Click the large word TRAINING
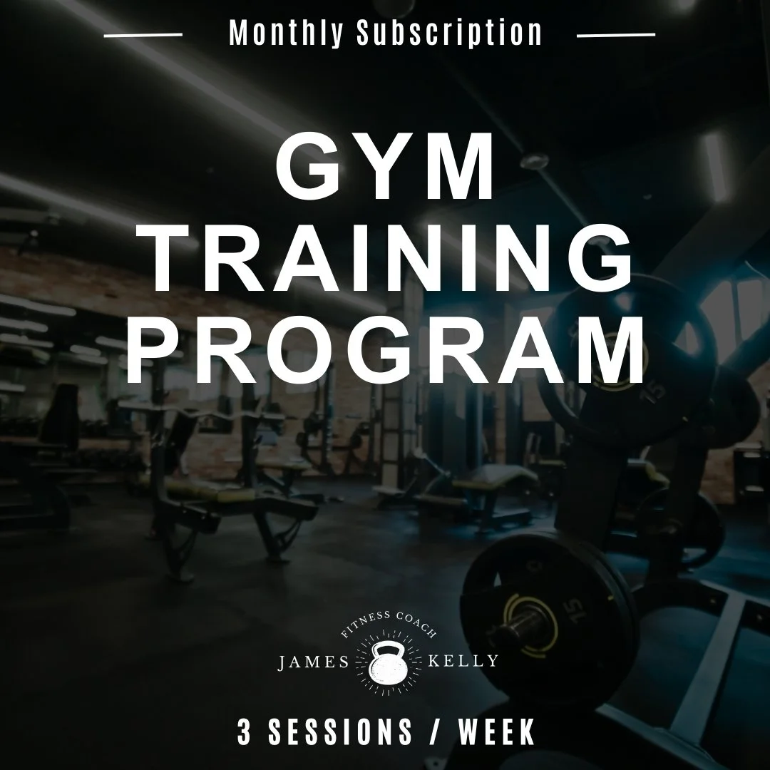(x=385, y=261)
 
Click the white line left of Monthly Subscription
(x=143, y=34)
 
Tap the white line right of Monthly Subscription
(x=615, y=34)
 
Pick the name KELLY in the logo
(x=463, y=661)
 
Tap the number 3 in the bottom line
(x=245, y=733)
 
